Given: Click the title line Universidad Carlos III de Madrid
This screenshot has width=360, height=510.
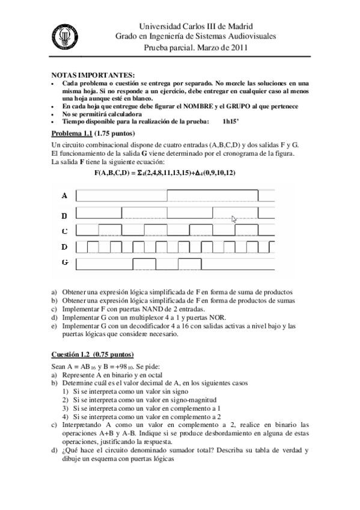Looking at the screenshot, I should tap(196, 26).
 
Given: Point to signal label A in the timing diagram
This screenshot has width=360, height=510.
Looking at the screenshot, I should tap(64, 195).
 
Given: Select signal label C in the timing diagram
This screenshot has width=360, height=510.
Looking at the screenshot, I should tap(64, 230).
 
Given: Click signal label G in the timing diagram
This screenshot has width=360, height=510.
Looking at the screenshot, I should tap(64, 263).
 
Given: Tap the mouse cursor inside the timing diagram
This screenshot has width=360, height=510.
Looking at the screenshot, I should tap(234, 220).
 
